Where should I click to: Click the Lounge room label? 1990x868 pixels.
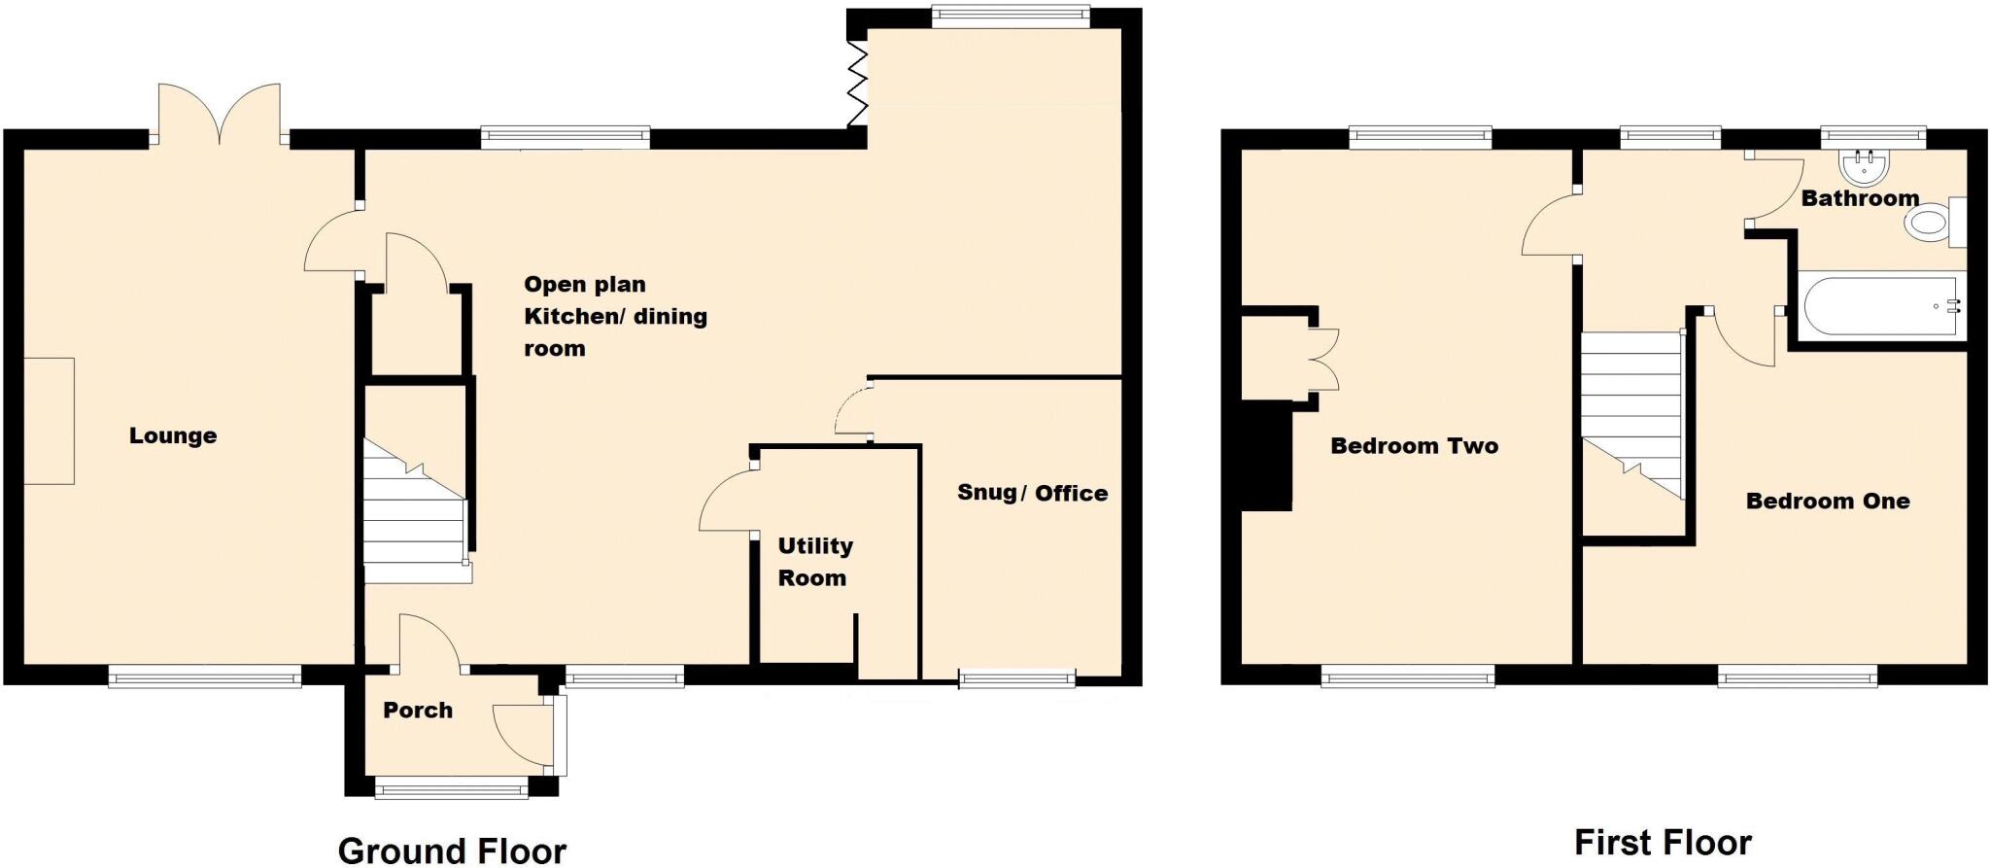click(173, 435)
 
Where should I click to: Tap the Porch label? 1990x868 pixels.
click(418, 711)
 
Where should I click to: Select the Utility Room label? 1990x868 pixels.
click(814, 562)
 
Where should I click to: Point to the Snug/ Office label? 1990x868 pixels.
click(1032, 493)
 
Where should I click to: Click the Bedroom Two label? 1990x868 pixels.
click(1414, 446)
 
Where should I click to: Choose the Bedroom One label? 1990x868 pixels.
click(1828, 502)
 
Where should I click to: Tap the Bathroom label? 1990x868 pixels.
click(1860, 198)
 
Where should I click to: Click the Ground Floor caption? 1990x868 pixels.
click(452, 851)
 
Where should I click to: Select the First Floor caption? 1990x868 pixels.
click(1663, 842)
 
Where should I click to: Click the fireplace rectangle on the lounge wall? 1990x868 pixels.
click(50, 421)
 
